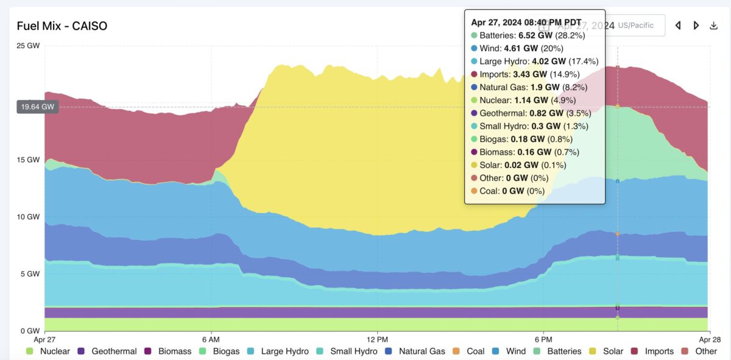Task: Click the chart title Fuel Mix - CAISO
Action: click(62, 26)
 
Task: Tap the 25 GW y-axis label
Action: click(29, 46)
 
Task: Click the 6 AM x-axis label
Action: click(210, 338)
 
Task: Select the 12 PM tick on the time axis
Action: click(378, 338)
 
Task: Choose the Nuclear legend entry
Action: click(49, 351)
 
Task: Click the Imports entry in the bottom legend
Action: click(652, 351)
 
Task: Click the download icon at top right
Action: click(714, 26)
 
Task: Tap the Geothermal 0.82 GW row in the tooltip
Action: click(528, 113)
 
